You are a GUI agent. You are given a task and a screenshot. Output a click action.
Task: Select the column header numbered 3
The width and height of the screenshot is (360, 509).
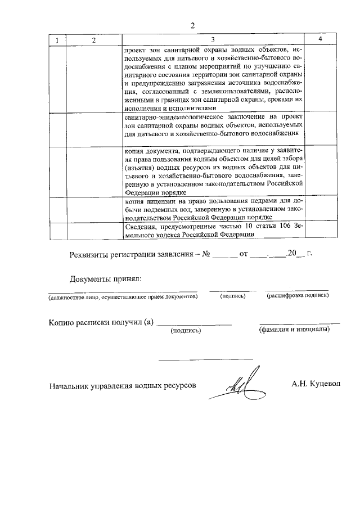pos(213,40)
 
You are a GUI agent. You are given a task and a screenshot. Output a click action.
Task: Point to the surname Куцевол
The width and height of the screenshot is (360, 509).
pos(325,385)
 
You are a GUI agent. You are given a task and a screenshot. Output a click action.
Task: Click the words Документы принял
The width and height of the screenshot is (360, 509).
pos(105,279)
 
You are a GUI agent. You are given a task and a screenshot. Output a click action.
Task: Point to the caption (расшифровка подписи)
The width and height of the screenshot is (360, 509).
pos(298,295)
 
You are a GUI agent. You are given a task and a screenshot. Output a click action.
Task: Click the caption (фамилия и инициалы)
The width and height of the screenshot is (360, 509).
pos(294,330)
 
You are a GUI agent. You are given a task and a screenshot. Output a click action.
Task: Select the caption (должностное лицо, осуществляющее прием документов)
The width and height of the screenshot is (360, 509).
pos(123,296)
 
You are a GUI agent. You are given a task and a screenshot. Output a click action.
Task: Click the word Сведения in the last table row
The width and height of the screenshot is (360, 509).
pos(139,227)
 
